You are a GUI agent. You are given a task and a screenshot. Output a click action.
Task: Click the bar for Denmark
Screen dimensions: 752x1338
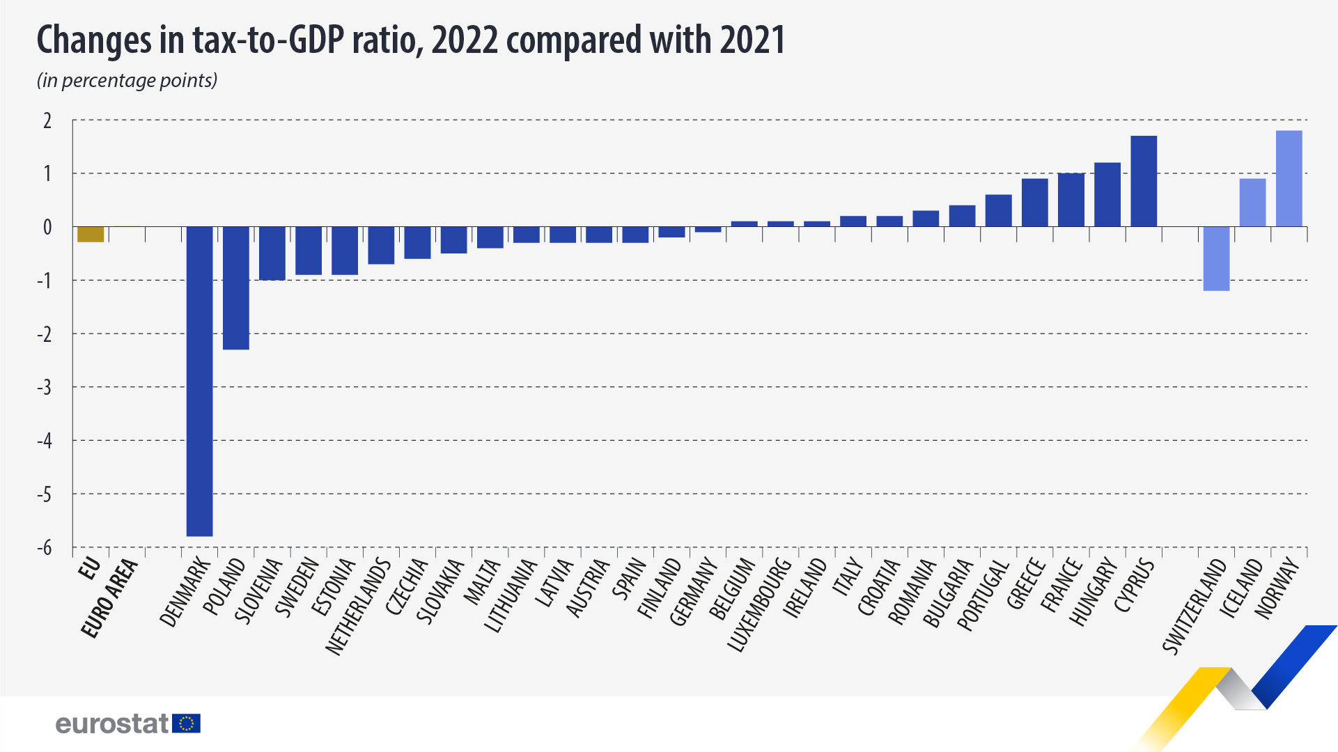[x=200, y=381]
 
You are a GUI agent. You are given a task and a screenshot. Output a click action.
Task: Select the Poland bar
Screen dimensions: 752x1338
[x=236, y=288]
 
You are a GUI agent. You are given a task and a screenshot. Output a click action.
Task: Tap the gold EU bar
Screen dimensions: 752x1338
[x=91, y=234]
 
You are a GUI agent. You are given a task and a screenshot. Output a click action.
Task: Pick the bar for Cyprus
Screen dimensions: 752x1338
[x=1144, y=181]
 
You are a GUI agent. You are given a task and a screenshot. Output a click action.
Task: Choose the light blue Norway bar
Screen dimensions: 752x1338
[x=1289, y=178]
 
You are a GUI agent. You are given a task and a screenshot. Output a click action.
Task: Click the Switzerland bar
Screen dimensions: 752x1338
[x=1216, y=258]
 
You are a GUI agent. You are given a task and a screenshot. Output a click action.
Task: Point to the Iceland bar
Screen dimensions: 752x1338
[x=1252, y=203]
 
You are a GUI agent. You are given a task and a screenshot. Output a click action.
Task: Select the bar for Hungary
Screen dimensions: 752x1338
[x=1107, y=194]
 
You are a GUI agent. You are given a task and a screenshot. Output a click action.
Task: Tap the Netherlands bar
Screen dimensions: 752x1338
[x=381, y=245]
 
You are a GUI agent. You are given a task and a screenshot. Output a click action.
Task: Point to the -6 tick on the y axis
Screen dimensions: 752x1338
[x=45, y=548]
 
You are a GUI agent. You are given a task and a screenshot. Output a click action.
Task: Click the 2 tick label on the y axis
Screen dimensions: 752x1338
[x=47, y=120]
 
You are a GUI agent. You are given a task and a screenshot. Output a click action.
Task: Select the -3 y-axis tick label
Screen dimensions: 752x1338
[x=45, y=387]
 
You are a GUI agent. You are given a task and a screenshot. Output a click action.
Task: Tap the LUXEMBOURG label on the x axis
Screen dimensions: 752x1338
[x=760, y=604]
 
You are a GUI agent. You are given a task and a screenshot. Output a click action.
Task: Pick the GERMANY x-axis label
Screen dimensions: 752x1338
[x=694, y=591]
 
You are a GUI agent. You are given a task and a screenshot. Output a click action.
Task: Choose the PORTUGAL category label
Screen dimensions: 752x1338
[x=983, y=595]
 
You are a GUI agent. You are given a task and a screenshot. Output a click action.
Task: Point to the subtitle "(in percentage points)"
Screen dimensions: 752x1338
[x=127, y=81]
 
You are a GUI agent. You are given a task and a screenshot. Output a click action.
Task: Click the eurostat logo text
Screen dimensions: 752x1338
[x=111, y=724]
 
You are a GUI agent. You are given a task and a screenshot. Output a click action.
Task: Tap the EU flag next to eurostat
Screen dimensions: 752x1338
[x=187, y=723]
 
